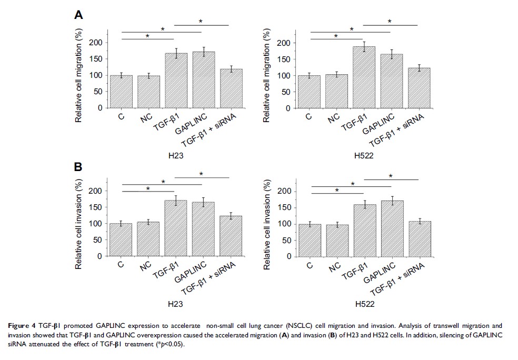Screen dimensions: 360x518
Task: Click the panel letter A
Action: click(x=78, y=15)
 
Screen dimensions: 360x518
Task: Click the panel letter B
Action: click(x=78, y=167)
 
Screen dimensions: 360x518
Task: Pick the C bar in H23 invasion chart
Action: click(x=121, y=240)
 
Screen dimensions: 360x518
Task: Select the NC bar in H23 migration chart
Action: click(x=148, y=92)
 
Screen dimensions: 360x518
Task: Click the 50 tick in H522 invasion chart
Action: click(x=285, y=240)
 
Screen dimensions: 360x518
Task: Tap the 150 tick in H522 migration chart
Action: click(x=283, y=59)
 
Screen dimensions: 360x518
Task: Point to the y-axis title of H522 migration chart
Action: click(x=267, y=75)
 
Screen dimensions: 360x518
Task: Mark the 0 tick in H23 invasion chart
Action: click(x=99, y=256)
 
